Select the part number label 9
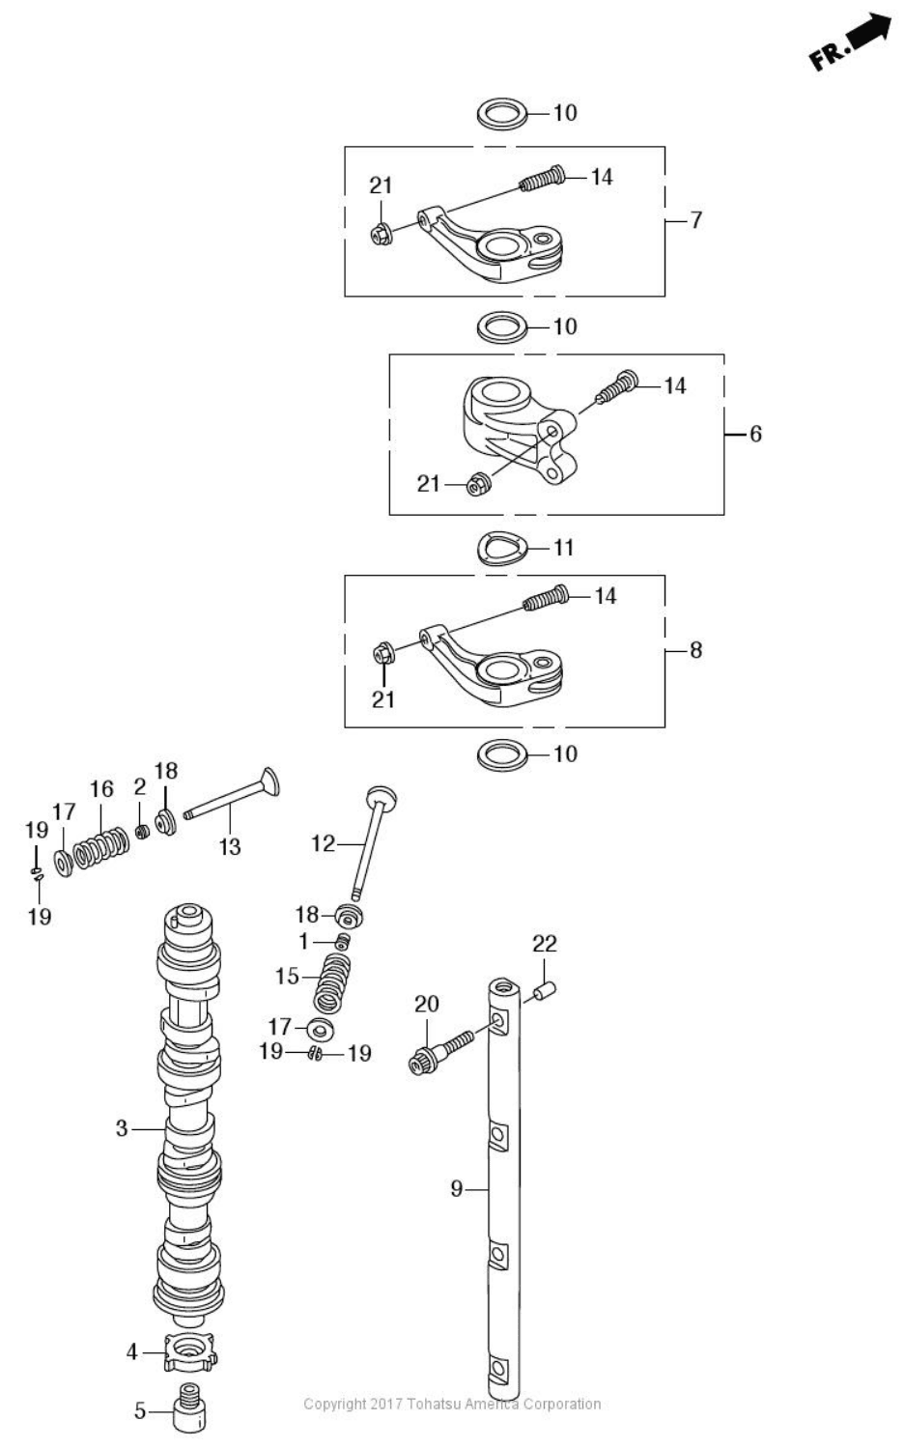click(457, 1189)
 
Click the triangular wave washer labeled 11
click(502, 549)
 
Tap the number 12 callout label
click(323, 843)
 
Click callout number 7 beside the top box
click(695, 220)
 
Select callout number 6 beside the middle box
click(755, 434)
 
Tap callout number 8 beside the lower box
click(695, 650)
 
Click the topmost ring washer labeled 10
click(502, 113)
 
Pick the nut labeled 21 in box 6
click(475, 484)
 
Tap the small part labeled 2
click(142, 831)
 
